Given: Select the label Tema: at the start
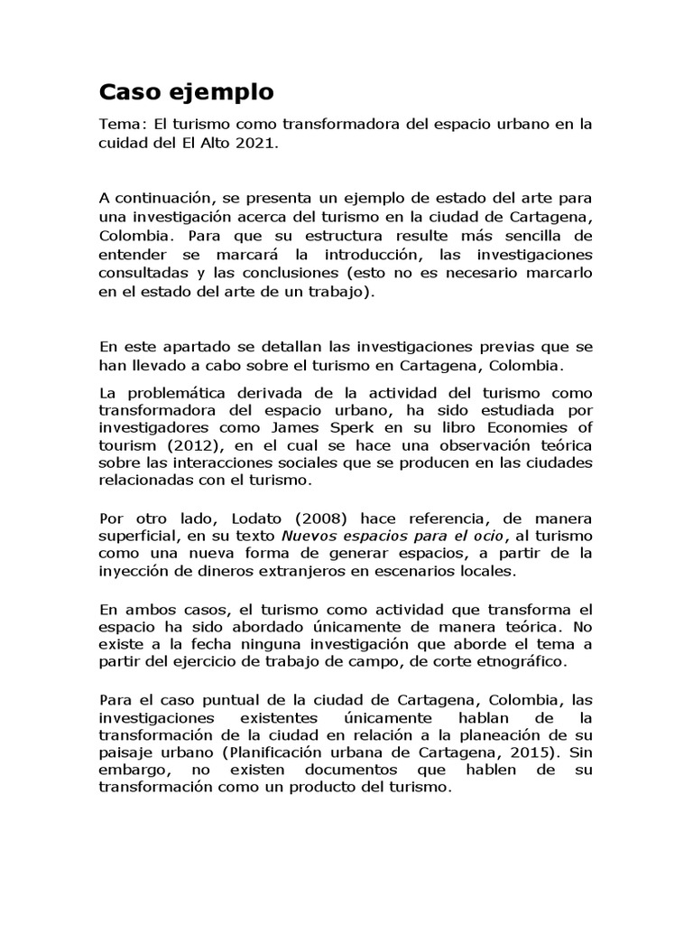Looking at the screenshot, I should pyautogui.click(x=121, y=125).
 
